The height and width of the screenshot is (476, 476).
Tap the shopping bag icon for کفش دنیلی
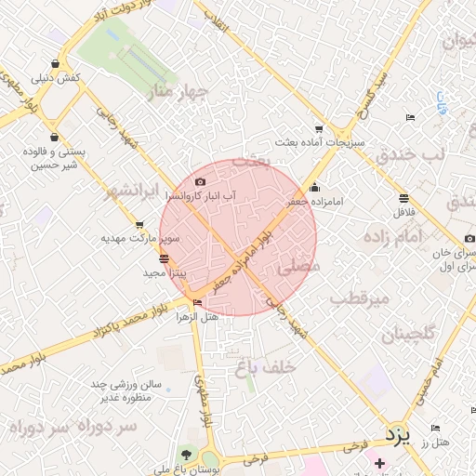[x=57, y=64]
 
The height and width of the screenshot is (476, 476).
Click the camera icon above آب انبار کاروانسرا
[x=201, y=182]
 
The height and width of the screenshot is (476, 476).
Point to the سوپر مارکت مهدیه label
[x=139, y=238]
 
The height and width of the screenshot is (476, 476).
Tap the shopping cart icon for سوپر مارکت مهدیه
[x=139, y=225]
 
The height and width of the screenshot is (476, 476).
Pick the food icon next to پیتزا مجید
[x=165, y=258]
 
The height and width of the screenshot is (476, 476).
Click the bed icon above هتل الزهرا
[x=196, y=302]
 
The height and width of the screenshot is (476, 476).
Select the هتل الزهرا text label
[x=197, y=317]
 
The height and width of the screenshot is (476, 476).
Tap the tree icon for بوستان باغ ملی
[x=187, y=456]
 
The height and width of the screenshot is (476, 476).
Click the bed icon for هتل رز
[x=435, y=429]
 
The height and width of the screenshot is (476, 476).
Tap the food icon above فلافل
[x=403, y=198]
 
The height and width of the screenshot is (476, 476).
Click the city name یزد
[x=398, y=434]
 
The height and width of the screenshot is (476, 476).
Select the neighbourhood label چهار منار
[x=174, y=93]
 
